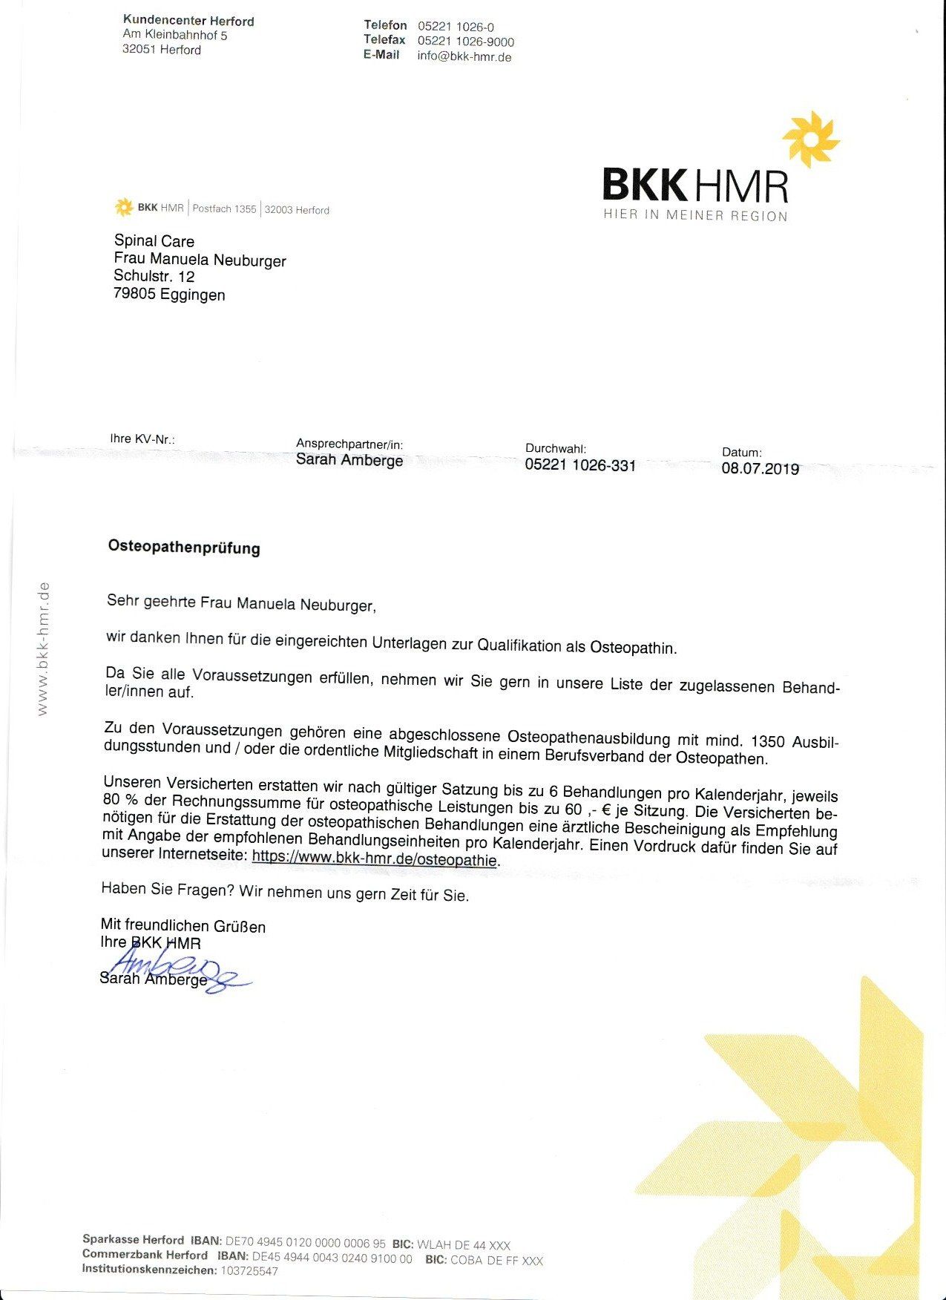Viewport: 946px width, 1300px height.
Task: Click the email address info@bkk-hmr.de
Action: coord(464,56)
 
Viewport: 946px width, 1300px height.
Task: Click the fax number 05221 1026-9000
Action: coord(465,42)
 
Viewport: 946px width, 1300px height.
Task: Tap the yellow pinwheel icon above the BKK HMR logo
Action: coord(810,139)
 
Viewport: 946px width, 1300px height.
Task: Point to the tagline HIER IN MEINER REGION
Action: coord(695,216)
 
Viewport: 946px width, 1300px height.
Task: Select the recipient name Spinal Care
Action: coord(154,241)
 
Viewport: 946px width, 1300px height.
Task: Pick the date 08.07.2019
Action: coord(760,469)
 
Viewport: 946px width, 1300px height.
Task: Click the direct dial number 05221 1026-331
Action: coord(580,465)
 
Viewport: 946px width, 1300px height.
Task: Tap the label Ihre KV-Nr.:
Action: coord(142,439)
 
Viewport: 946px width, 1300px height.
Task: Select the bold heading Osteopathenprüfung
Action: coord(184,548)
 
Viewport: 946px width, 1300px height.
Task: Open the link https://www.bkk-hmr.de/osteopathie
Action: coord(375,859)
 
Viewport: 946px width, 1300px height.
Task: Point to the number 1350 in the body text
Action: coord(767,741)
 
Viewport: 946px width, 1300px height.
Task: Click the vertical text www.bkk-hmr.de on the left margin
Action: coord(42,649)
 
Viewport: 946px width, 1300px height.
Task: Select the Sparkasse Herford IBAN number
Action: coord(305,1244)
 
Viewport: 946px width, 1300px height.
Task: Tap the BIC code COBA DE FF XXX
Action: coord(496,1260)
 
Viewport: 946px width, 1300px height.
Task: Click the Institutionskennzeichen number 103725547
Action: coord(249,1271)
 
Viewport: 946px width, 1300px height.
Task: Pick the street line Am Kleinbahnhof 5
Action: coord(175,35)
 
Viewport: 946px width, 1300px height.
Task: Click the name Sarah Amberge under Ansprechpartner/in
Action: coord(349,460)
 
